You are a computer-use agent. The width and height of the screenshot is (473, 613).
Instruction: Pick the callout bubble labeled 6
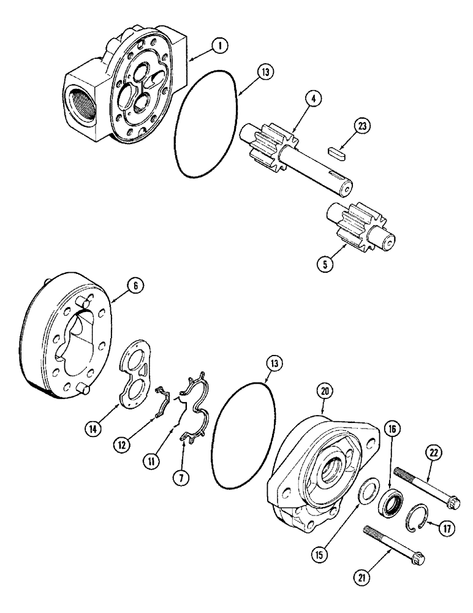click(135, 284)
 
